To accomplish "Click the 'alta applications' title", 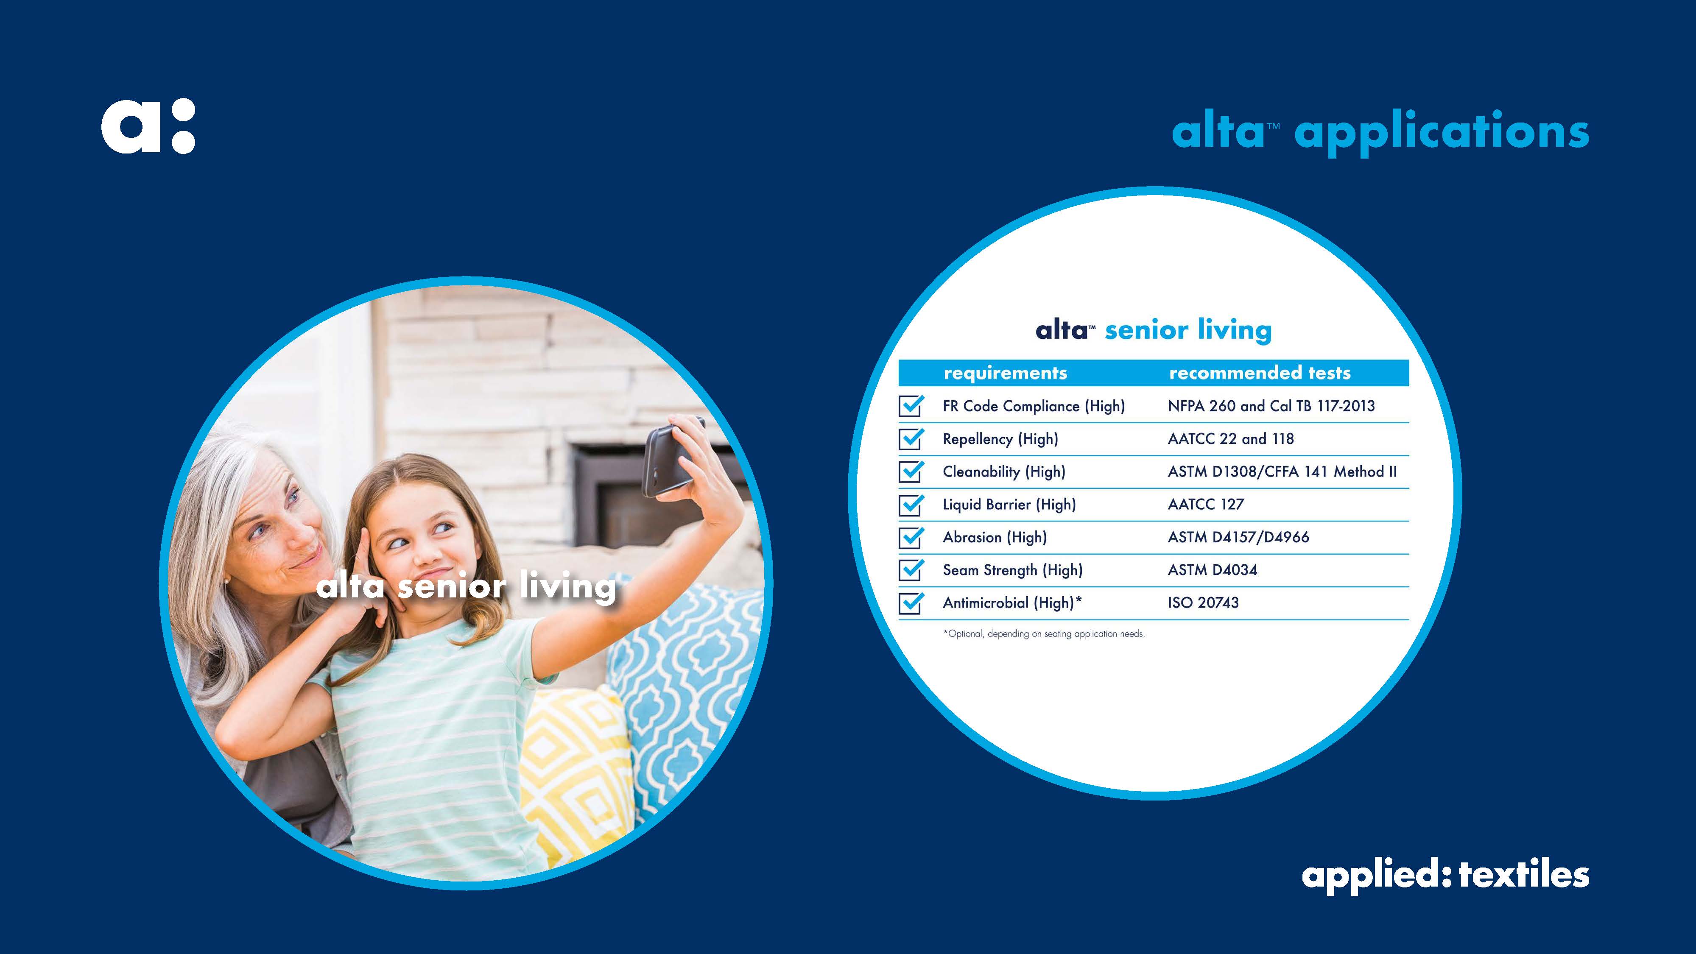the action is coord(1380,132).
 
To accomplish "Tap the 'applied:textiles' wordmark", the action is coord(1445,876).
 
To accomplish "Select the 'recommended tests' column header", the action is coord(1260,373).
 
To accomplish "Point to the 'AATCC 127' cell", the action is coord(1205,504).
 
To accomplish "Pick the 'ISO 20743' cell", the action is coord(1203,603).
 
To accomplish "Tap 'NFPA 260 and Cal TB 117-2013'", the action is coord(1271,406).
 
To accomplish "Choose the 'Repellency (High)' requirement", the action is coord(1000,439).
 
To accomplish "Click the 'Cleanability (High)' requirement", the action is coord(1003,472).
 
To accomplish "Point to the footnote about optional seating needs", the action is coord(1044,633).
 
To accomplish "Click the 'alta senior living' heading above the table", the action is coord(1154,330).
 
